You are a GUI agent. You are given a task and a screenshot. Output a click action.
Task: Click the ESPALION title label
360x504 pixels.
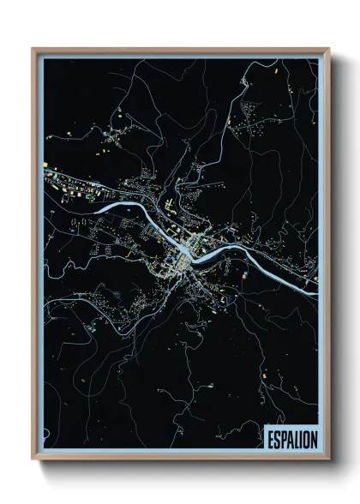click(x=291, y=437)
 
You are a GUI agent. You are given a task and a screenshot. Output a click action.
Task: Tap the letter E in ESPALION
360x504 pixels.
click(x=270, y=437)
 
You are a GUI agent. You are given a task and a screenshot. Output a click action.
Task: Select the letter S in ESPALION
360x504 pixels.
click(x=277, y=437)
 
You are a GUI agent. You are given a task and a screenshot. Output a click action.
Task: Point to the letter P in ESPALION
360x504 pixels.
click(x=284, y=437)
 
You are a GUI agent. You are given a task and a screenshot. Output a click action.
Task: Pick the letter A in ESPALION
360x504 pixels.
click(x=291, y=437)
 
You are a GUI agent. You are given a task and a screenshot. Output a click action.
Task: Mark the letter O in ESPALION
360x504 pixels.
click(x=306, y=437)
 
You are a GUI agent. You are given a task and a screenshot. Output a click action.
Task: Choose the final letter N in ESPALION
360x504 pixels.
click(x=314, y=437)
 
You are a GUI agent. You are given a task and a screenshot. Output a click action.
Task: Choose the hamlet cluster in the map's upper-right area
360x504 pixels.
click(x=257, y=120)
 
